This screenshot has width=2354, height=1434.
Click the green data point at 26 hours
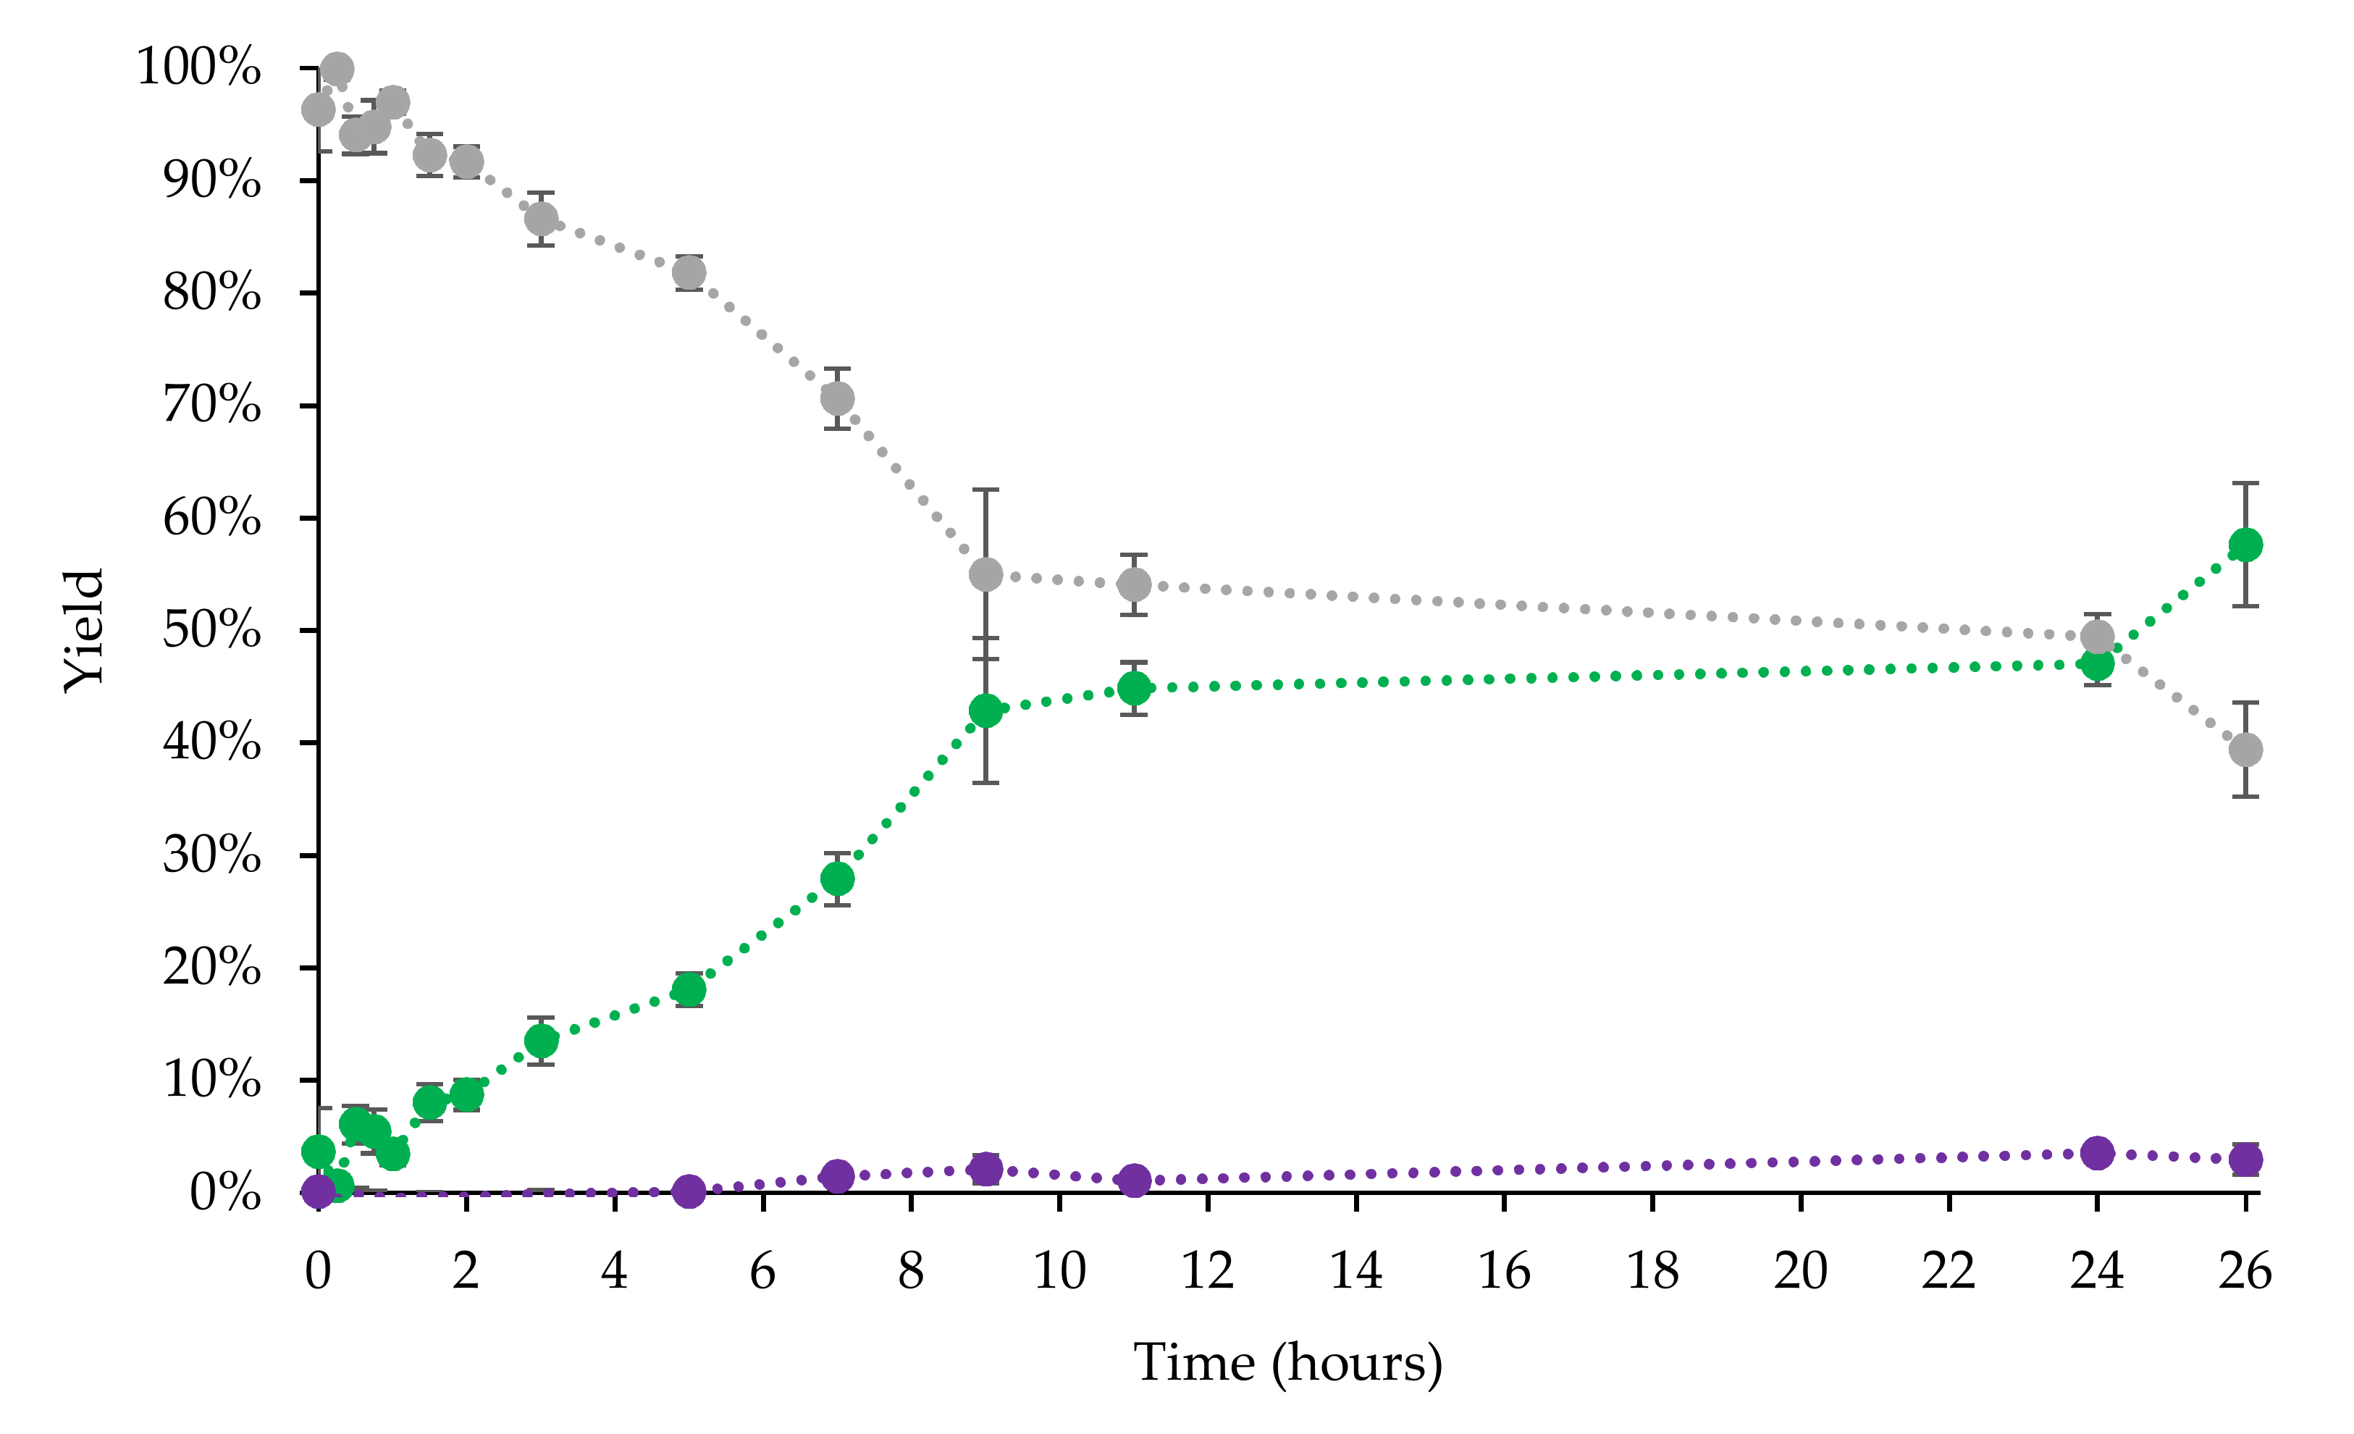[x=2245, y=545]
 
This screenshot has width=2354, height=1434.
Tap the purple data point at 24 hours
[x=2097, y=1153]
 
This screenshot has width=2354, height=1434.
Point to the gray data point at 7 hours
[x=838, y=398]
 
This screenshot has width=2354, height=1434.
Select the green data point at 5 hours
[x=689, y=990]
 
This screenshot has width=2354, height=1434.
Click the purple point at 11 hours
[x=1134, y=1181]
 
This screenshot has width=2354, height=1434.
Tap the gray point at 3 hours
[x=542, y=219]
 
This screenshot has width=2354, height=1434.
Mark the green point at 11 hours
[x=1134, y=688]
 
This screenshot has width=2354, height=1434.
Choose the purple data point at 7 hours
[x=838, y=1176]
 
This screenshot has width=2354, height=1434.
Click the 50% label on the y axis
[x=211, y=631]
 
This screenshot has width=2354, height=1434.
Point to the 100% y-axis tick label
[x=198, y=68]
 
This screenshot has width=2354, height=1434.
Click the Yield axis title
[x=84, y=631]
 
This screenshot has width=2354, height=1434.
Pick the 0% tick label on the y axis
[x=224, y=1192]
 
